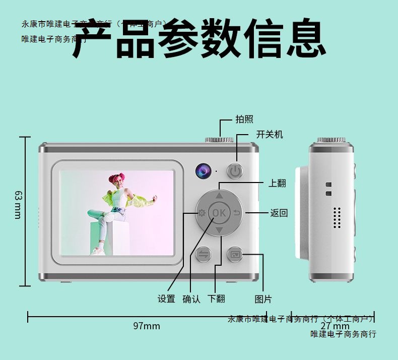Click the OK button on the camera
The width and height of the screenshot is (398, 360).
[x=219, y=212]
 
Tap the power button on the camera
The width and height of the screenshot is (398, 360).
[x=235, y=171]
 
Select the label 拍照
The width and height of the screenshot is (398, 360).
[x=244, y=119]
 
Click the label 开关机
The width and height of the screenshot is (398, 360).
[x=270, y=134]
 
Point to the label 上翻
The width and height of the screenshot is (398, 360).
[x=277, y=183]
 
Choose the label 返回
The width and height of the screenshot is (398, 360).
[x=279, y=213]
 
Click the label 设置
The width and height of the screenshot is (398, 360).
[x=166, y=299]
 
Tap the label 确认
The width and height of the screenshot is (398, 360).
[x=191, y=299]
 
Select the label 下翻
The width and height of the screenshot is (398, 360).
[x=216, y=299]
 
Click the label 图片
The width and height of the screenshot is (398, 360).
[x=263, y=299]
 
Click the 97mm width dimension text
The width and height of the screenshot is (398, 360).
[x=147, y=326]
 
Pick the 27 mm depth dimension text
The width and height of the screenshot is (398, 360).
[x=335, y=326]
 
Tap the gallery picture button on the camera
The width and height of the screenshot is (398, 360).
[x=235, y=254]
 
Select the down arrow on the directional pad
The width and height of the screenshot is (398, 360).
[x=219, y=230]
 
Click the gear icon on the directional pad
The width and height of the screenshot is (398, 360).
[x=202, y=213]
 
